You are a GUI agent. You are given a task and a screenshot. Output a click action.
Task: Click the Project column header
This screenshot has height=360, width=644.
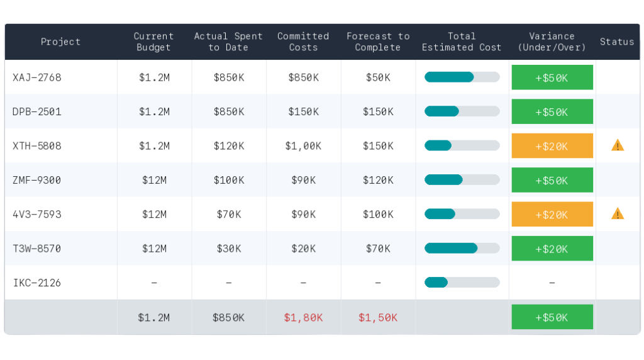(x=60, y=42)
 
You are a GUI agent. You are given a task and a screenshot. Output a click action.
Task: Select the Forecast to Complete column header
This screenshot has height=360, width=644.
(x=378, y=42)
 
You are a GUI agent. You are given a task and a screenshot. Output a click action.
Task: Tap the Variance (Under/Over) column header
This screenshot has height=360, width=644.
(x=552, y=42)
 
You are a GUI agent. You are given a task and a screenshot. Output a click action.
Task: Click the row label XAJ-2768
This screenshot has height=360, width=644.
(x=37, y=77)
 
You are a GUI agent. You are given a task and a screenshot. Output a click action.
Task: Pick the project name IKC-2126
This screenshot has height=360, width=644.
(x=37, y=283)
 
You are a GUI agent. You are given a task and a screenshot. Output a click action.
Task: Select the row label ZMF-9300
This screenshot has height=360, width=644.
(x=37, y=180)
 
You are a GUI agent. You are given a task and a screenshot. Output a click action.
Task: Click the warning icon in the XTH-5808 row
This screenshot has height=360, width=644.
(x=618, y=145)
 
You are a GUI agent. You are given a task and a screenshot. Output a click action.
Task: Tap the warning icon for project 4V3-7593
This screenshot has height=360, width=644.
(x=618, y=213)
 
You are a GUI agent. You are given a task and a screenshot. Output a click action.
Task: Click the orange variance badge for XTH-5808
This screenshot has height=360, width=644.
(x=552, y=146)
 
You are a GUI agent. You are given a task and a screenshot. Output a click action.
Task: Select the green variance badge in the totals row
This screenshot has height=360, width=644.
(x=552, y=317)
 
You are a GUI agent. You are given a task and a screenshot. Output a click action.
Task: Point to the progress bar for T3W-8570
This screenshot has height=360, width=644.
(x=462, y=248)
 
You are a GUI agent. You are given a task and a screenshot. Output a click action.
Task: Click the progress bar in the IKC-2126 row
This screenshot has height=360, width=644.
(x=462, y=282)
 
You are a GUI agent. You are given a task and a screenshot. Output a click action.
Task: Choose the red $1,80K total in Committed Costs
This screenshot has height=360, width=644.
(x=303, y=318)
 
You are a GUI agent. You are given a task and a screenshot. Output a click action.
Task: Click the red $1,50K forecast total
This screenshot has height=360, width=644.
(x=378, y=318)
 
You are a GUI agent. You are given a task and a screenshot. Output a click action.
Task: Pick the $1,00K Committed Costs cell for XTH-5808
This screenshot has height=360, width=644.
(x=303, y=146)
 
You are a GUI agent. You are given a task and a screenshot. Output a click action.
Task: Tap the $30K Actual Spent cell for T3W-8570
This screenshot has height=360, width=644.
(x=228, y=249)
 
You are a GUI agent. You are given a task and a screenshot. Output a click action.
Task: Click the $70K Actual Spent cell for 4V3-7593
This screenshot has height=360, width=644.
(x=228, y=215)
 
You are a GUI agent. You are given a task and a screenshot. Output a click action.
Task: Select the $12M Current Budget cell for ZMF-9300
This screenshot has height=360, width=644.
(x=154, y=180)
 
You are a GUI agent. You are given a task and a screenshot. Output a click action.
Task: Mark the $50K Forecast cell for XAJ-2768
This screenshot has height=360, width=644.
(x=378, y=77)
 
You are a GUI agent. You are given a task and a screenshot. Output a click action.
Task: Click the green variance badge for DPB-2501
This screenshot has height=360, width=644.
(x=552, y=111)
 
